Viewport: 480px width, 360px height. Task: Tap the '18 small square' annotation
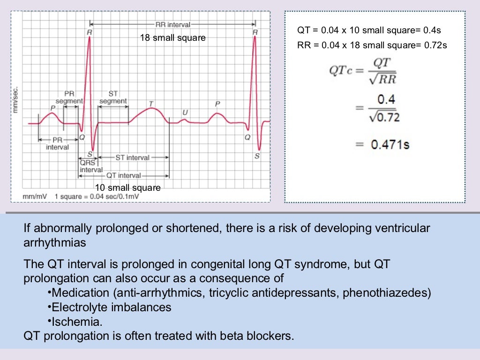point(172,37)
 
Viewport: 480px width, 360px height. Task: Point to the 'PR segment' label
point(69,97)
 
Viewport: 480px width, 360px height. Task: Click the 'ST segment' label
point(113,97)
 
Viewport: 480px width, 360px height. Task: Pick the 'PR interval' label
point(57,143)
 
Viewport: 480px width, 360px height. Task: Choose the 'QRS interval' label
point(90,166)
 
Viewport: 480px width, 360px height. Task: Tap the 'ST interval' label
point(132,157)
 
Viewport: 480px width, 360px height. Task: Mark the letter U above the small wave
point(185,112)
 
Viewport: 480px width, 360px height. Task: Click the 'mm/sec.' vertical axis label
point(16,99)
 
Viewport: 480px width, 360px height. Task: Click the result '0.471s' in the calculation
point(390,144)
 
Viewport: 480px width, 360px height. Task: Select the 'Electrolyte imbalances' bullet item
point(111,307)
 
